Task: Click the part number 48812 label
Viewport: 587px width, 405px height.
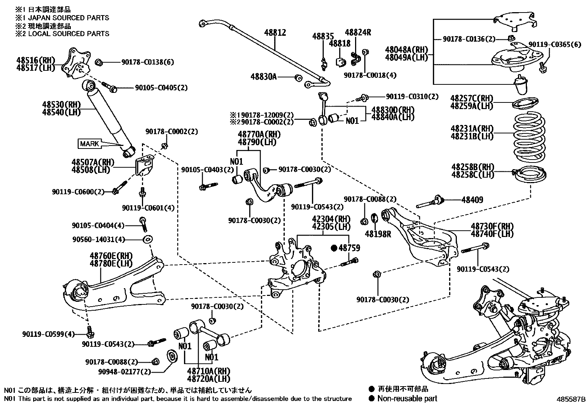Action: (275, 33)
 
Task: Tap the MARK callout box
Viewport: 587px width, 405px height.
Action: (89, 144)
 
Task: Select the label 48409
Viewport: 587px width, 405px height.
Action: (472, 200)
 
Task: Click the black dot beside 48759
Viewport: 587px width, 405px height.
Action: (334, 248)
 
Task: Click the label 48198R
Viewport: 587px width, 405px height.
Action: (378, 234)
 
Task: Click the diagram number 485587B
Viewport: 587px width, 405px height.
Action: (571, 399)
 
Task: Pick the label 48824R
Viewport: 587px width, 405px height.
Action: (358, 32)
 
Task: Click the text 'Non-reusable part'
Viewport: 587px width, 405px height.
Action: (407, 398)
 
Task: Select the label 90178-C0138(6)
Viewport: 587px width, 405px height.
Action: (147, 62)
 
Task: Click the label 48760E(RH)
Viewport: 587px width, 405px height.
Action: (111, 255)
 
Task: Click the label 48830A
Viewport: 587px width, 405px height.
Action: (263, 77)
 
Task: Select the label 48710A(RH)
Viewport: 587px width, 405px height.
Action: (208, 371)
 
